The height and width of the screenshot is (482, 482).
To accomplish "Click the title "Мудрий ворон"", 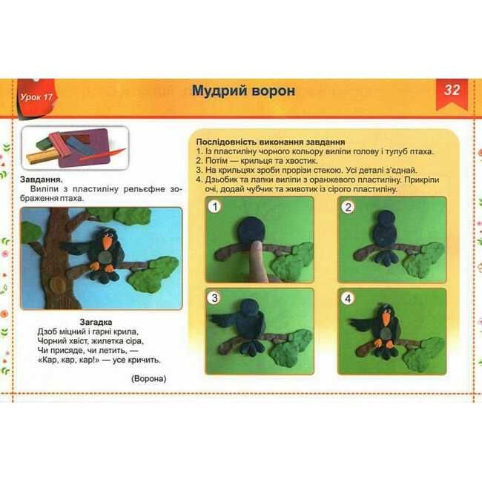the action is (x=243, y=90).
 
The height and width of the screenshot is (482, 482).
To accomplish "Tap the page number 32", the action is (x=452, y=90).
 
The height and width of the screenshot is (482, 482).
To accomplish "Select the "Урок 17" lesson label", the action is (x=36, y=97).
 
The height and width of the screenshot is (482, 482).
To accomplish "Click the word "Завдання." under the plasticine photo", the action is (x=42, y=179).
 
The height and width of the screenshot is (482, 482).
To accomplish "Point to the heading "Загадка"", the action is (x=96, y=322).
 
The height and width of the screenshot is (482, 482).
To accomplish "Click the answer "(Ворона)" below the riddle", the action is (x=149, y=378).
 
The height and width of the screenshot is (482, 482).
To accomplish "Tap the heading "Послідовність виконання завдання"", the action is (x=271, y=142).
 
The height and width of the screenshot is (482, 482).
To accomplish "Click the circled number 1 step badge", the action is (x=215, y=207).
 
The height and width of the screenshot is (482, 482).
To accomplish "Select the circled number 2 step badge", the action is (x=348, y=207).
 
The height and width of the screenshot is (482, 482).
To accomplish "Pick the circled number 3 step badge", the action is (x=214, y=297).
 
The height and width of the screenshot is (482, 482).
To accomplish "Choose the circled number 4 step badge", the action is (x=348, y=298).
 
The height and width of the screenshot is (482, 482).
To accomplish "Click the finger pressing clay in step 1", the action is (x=257, y=262).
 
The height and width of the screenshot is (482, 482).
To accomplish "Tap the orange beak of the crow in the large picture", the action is (x=108, y=243).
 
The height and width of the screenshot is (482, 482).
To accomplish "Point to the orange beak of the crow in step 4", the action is (x=386, y=320).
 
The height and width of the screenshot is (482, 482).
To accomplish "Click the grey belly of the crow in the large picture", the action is (x=106, y=257).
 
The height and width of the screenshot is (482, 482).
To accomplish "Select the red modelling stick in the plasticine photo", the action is (x=102, y=155).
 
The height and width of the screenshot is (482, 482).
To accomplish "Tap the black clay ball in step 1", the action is (x=251, y=231).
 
